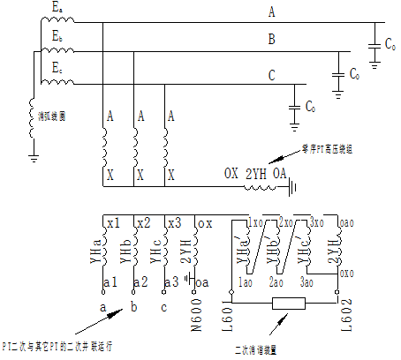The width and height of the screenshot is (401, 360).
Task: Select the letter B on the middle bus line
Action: point(272,39)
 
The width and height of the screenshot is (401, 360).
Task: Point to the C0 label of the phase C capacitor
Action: point(310,107)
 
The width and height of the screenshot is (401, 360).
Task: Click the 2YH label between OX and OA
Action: point(256,174)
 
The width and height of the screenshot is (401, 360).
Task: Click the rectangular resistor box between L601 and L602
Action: point(290,304)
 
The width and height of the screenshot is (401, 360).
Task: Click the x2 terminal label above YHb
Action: point(145,221)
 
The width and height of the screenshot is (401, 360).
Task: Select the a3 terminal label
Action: point(170,281)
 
